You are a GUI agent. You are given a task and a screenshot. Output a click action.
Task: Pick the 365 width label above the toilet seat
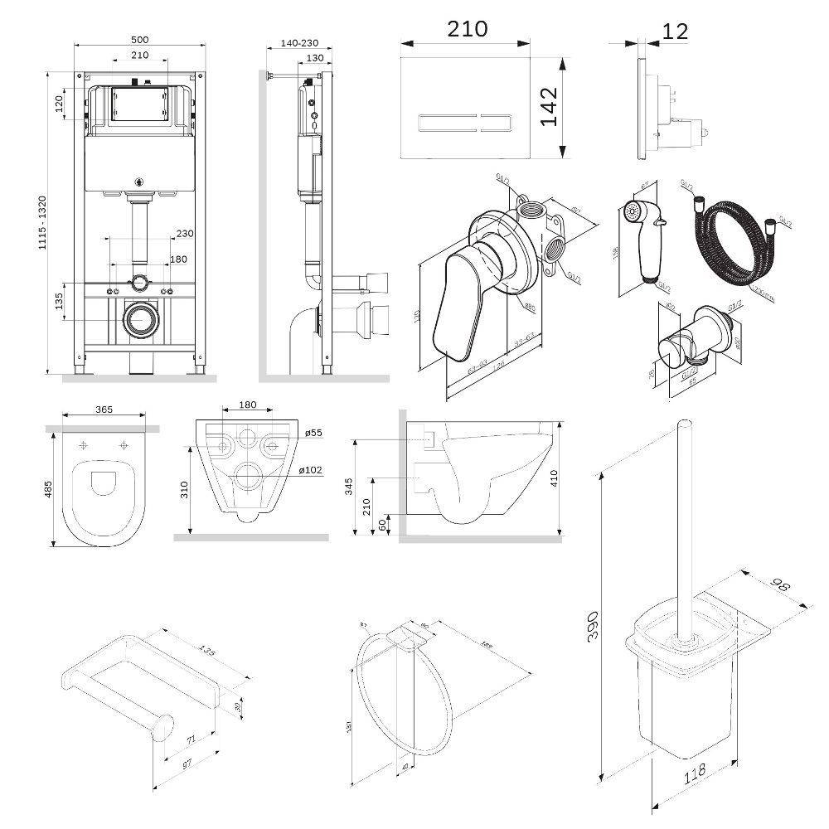click(x=105, y=409)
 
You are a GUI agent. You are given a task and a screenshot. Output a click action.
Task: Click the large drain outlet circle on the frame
click(x=140, y=319)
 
